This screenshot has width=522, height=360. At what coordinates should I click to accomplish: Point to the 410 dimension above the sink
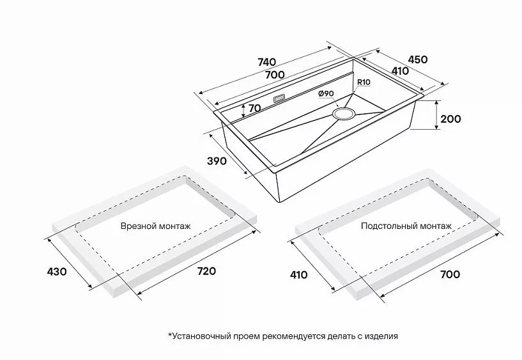[400, 71]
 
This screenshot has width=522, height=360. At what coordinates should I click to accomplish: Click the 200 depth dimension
[450, 119]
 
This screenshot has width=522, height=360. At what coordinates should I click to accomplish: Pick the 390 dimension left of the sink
[217, 161]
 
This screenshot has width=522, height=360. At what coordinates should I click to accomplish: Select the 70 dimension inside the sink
[254, 108]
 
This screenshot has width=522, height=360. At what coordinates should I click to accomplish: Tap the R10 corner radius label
[364, 82]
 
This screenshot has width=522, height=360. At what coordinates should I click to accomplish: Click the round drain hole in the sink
[343, 114]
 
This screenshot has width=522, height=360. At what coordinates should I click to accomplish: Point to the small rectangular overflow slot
[279, 99]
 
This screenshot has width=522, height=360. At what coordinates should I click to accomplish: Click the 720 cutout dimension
[206, 270]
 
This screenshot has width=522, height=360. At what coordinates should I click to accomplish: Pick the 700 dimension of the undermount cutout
[450, 274]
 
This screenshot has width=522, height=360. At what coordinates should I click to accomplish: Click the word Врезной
[137, 226]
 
